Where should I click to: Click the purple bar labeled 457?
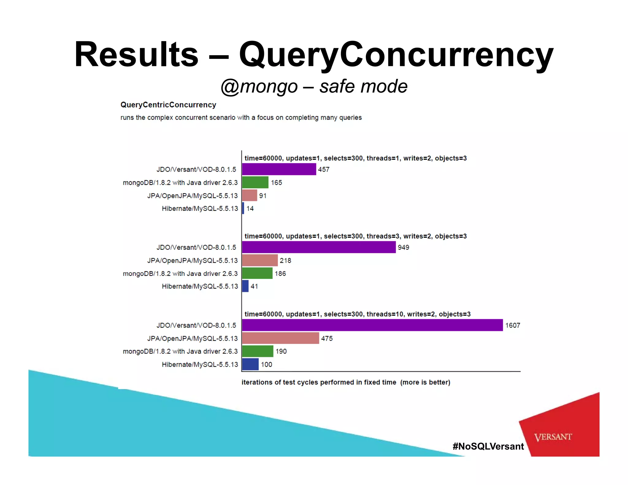point(279,169)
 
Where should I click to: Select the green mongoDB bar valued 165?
point(255,182)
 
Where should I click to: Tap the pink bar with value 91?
point(249,195)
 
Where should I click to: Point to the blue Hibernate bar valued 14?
point(243,208)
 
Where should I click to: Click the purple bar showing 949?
point(319,247)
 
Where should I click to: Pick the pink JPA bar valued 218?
point(260,260)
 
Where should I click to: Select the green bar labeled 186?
point(257,273)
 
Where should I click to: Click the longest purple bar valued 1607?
point(372,325)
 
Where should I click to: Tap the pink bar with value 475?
point(280,338)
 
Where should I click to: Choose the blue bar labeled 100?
point(250,364)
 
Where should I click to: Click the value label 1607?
point(513,325)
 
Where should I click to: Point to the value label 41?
point(254,286)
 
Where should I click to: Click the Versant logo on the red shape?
point(553,437)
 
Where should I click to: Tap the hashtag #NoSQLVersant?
point(488,446)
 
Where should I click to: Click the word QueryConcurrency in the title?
point(396,55)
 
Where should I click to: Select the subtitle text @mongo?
point(259,86)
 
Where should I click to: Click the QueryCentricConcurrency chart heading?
point(168,105)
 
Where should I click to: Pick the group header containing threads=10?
point(357,314)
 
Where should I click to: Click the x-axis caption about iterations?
point(346,382)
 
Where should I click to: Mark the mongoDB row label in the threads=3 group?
point(180,273)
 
